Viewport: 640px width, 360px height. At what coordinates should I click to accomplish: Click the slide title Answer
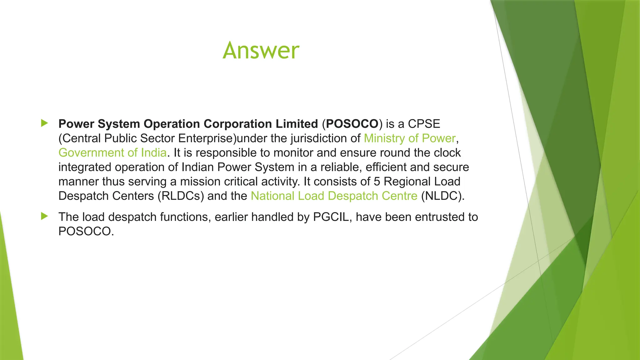tap(261, 50)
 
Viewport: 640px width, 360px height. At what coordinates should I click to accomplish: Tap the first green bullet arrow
tap(44, 123)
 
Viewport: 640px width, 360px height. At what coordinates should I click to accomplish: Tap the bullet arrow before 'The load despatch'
tap(44, 216)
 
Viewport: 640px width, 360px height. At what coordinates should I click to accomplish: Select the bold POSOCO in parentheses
tap(352, 124)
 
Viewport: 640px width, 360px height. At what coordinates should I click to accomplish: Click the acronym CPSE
tap(424, 124)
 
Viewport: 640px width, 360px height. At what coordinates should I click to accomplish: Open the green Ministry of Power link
tap(410, 138)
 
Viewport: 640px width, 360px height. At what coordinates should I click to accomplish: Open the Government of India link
tap(112, 153)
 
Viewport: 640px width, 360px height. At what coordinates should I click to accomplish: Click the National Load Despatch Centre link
tap(334, 196)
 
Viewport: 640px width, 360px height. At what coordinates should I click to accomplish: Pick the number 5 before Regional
tap(377, 182)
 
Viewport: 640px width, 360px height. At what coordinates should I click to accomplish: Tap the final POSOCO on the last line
tap(85, 232)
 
